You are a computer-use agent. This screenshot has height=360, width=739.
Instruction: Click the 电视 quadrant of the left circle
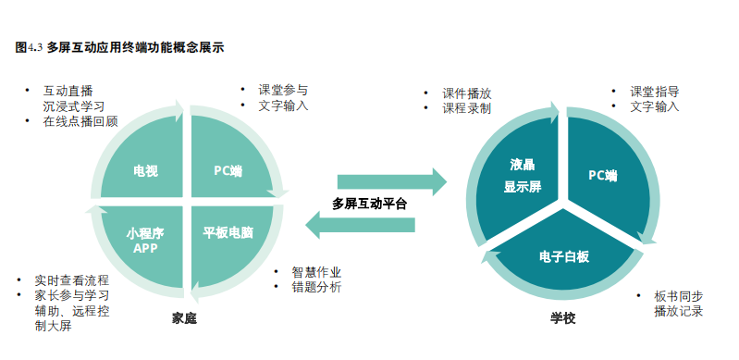(x=145, y=171)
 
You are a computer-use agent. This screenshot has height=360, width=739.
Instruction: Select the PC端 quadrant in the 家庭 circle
(x=228, y=171)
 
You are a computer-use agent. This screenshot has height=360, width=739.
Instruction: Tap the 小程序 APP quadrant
(x=145, y=240)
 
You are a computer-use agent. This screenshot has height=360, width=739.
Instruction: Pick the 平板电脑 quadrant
(x=228, y=232)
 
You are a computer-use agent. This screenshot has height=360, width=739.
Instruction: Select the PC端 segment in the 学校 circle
(x=602, y=174)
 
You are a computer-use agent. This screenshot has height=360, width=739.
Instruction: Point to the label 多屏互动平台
(x=369, y=204)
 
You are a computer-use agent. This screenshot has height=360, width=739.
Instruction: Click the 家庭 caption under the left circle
(x=185, y=318)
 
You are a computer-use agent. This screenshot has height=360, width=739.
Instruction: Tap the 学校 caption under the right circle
(x=562, y=318)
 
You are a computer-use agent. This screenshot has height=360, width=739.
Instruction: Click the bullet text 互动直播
(x=68, y=91)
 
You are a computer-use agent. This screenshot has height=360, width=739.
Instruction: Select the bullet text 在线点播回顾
(x=80, y=121)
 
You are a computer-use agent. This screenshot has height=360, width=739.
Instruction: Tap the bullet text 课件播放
(x=466, y=93)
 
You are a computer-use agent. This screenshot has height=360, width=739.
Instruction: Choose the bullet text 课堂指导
(x=654, y=92)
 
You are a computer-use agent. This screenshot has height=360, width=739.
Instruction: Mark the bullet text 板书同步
(x=678, y=296)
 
